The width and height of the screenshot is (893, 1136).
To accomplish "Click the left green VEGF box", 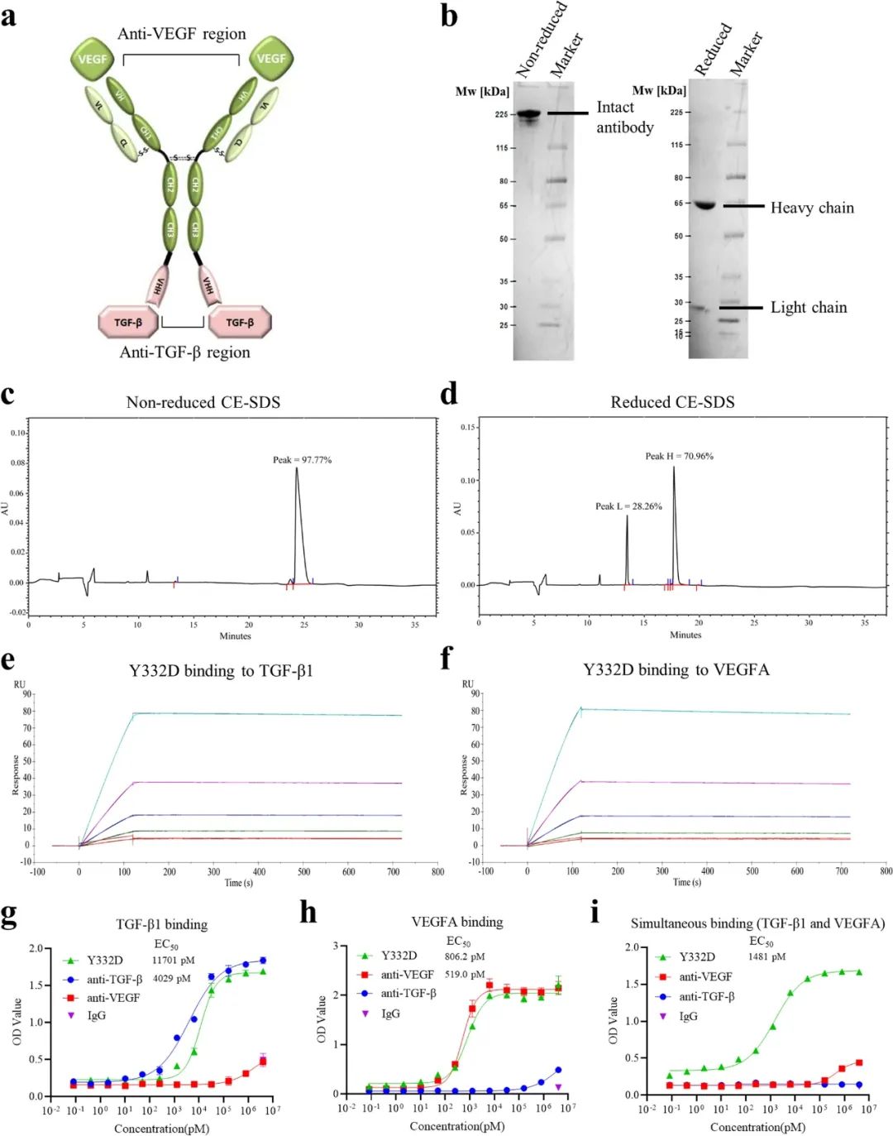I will (93, 58).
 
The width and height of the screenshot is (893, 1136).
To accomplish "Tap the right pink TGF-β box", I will (240, 322).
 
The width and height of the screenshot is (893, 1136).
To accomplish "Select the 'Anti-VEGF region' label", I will (182, 34).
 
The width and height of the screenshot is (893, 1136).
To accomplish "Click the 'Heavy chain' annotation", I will (812, 208).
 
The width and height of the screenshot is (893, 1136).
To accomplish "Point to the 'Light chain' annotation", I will (809, 308).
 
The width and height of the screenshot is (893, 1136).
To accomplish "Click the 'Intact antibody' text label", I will (624, 117).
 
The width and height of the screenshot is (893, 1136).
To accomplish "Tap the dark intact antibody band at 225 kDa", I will (528, 114).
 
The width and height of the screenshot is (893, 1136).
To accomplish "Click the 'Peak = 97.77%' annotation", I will (303, 460).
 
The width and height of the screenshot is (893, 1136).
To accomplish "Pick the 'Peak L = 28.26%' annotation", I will (628, 506).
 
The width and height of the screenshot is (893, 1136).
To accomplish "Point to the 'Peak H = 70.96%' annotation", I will (680, 456).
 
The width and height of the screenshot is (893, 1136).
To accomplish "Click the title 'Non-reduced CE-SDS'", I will (203, 402).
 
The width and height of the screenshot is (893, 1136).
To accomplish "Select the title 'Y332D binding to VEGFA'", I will (676, 669).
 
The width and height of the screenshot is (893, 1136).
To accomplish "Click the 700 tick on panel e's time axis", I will (394, 871).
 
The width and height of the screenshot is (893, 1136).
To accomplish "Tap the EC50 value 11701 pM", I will (174, 961).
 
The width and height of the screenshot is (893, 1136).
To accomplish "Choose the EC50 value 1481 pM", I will (767, 956).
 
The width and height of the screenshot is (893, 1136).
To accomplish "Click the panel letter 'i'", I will (595, 913).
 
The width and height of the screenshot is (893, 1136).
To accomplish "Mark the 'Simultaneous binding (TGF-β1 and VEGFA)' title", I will (757, 923).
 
